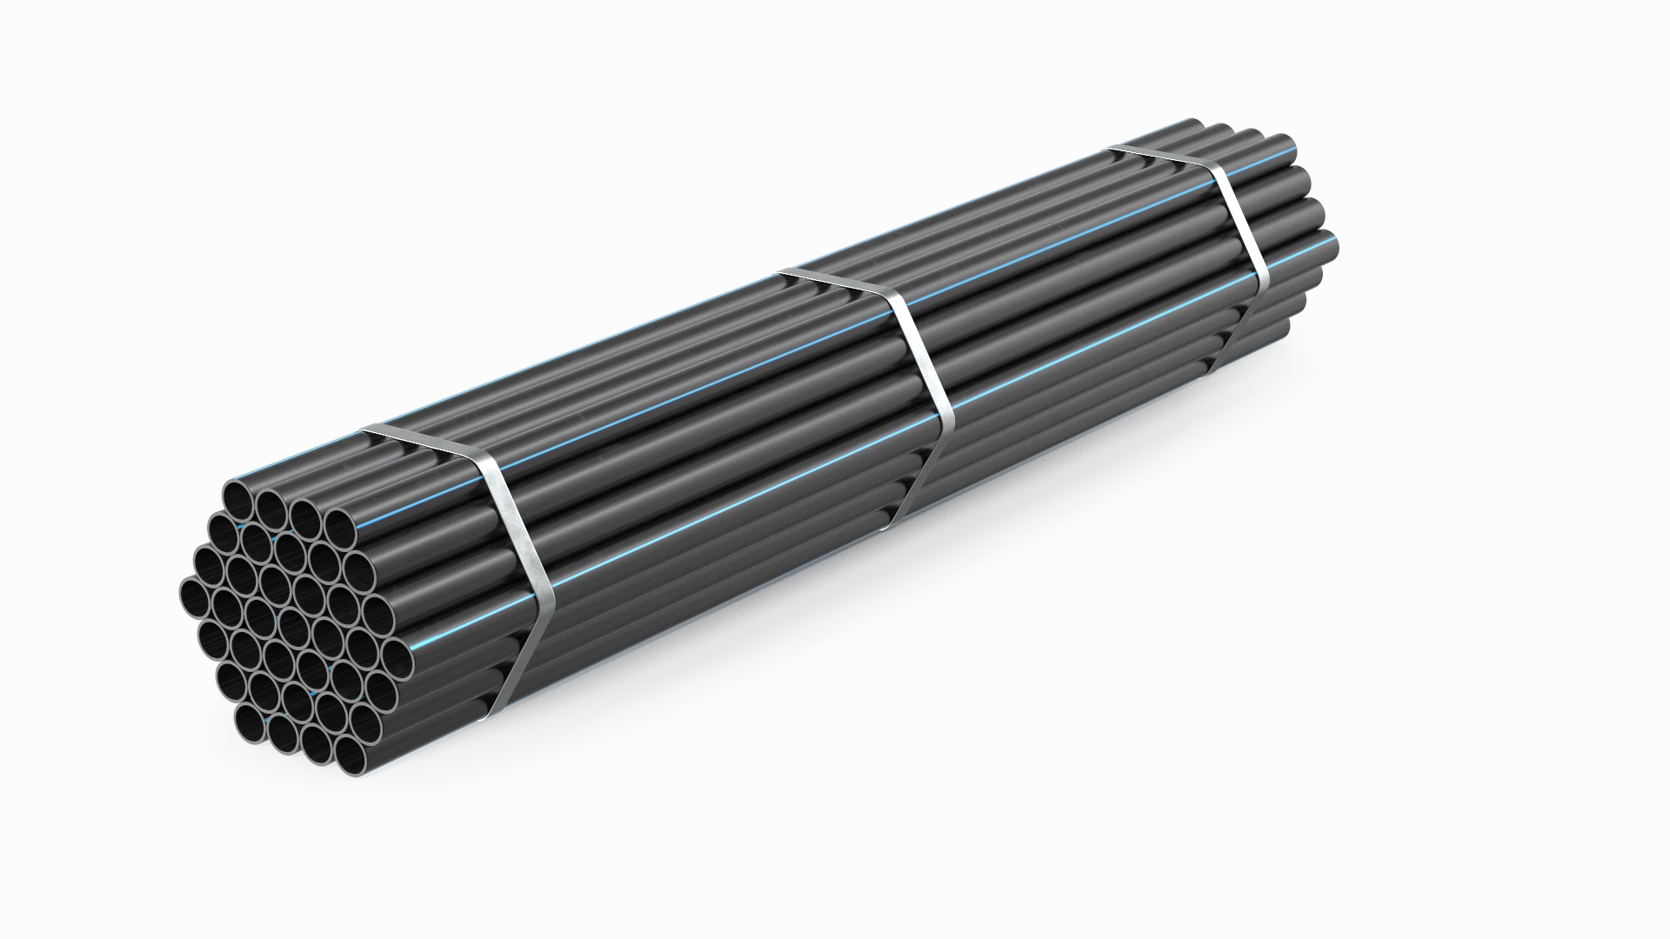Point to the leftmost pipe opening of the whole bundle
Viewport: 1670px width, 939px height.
click(x=195, y=596)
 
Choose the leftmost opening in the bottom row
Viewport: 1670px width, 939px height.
click(x=252, y=721)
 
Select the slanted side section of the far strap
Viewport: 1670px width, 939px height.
click(x=1244, y=235)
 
